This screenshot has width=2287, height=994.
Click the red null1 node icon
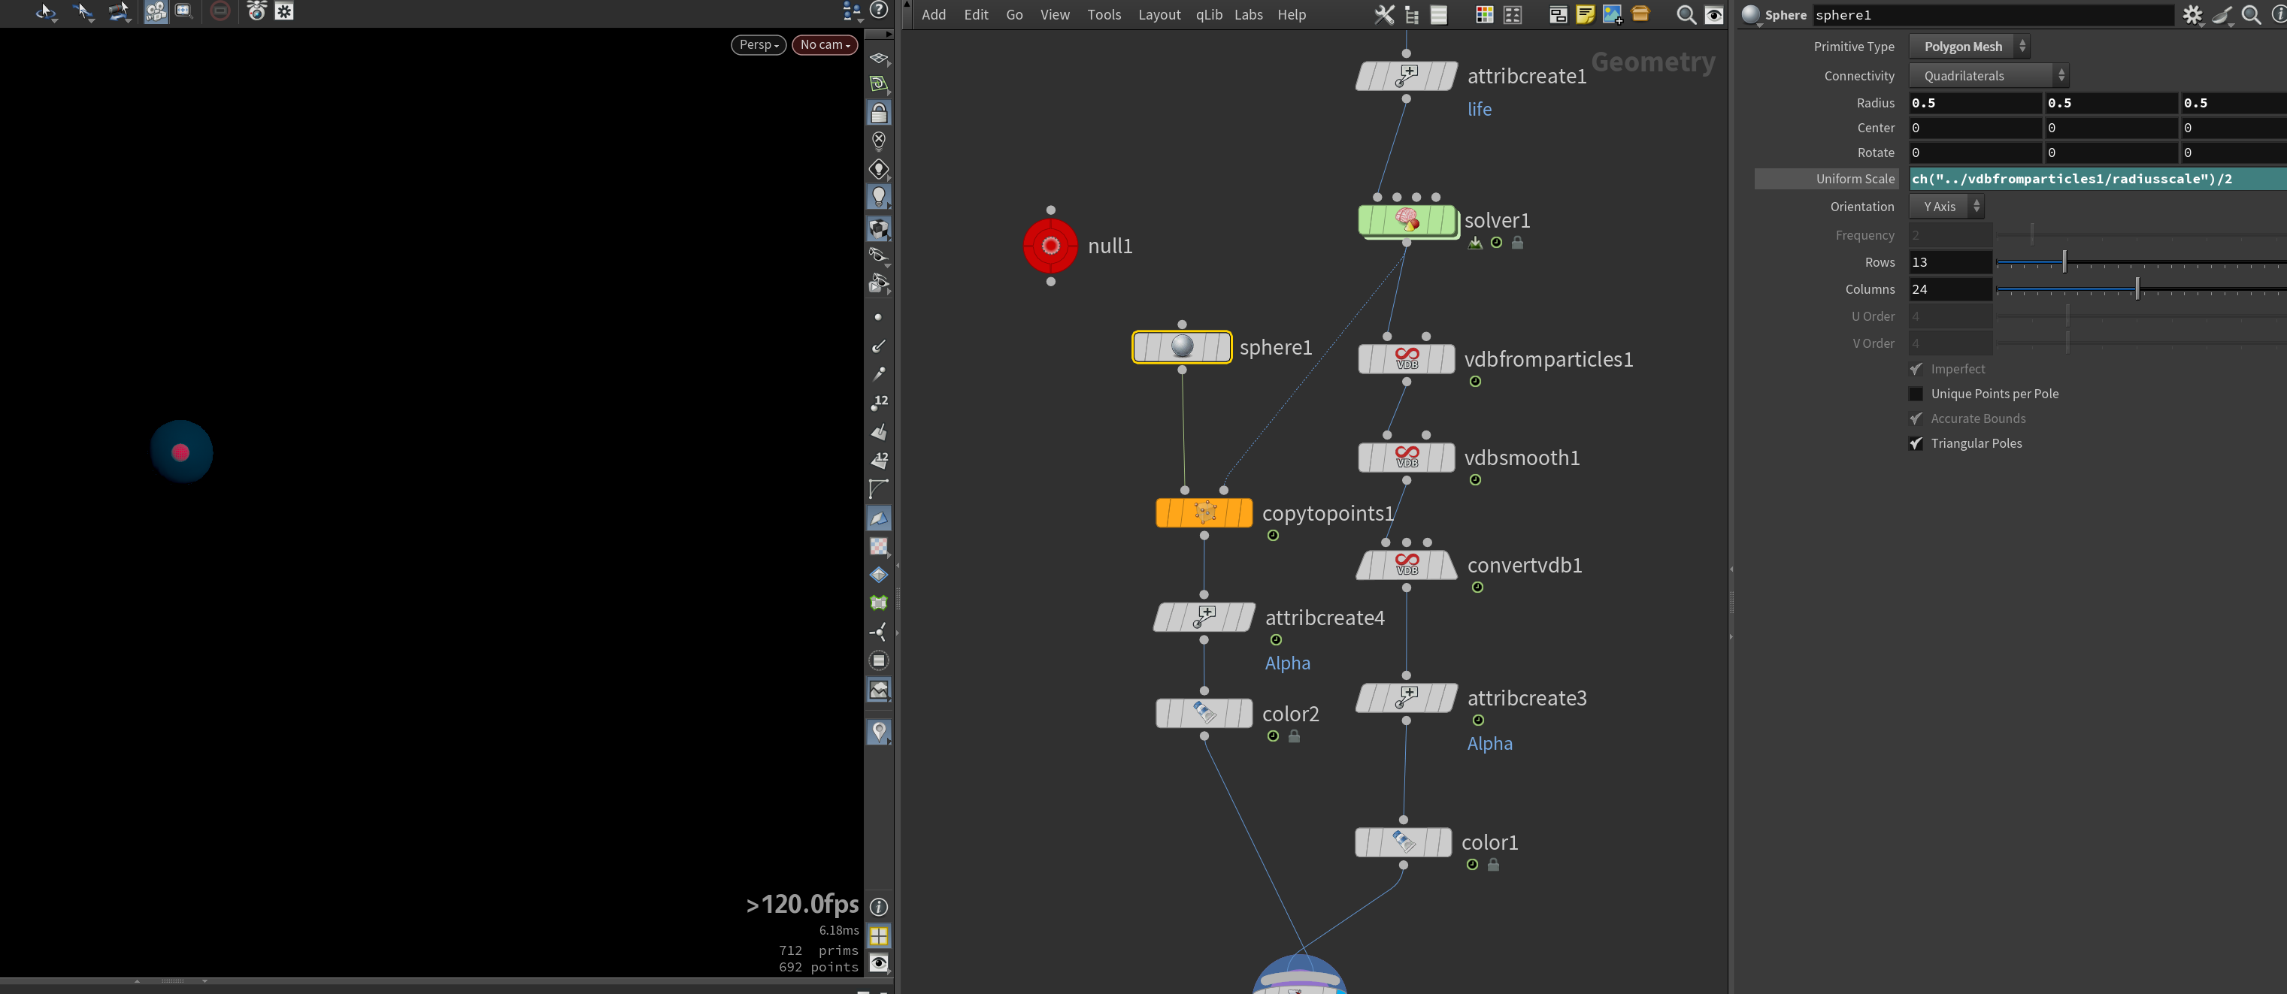pos(1050,246)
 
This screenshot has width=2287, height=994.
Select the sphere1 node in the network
pos(1182,347)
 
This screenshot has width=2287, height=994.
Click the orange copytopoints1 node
pos(1204,513)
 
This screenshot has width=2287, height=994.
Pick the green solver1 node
pos(1407,220)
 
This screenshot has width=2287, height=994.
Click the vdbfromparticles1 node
pos(1407,358)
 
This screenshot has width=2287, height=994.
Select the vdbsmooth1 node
pos(1407,457)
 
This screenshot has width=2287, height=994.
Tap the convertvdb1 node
pos(1407,564)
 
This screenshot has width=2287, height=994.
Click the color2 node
pos(1204,714)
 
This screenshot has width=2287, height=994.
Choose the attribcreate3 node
pos(1407,697)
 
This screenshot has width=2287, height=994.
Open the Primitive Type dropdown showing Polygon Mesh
pos(1969,46)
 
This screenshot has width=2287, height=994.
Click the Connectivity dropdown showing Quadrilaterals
pos(1989,75)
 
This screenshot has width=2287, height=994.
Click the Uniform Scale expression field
pos(2098,178)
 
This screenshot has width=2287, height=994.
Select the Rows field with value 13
pos(1950,261)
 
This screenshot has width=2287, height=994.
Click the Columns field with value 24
pos(1950,289)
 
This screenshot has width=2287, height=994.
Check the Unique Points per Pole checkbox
pos(1916,394)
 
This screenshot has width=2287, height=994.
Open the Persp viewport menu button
pos(758,44)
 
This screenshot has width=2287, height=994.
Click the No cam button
pos(825,44)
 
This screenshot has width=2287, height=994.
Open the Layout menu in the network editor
pos(1159,14)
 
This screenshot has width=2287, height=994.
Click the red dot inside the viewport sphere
pos(181,452)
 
